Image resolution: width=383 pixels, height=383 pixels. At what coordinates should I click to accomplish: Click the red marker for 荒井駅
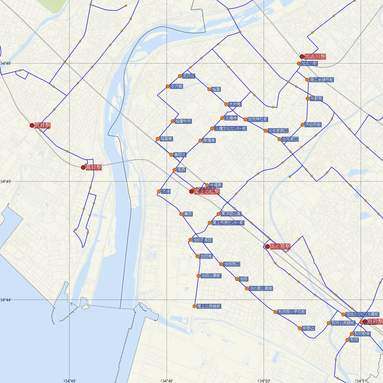(32, 125)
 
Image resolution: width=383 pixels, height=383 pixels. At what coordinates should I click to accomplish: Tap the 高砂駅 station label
(94, 167)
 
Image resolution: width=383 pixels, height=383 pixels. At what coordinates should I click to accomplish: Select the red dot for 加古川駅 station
(302, 56)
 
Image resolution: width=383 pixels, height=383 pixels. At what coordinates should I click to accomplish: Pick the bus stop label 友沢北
(189, 76)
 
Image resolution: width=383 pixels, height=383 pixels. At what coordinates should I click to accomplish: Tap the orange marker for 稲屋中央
(173, 121)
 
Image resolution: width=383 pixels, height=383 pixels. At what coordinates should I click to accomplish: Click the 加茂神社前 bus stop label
(258, 119)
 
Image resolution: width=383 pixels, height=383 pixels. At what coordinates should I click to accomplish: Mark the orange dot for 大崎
(159, 191)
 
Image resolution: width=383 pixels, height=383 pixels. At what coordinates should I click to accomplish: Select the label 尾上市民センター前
(228, 223)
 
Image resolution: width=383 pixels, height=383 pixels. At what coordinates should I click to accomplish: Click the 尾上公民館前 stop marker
(194, 306)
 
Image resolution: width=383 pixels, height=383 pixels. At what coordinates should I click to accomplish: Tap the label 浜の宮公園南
(261, 289)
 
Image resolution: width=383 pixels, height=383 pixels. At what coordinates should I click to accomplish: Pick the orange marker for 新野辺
(300, 328)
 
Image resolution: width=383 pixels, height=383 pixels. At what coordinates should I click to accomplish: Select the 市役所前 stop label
(313, 125)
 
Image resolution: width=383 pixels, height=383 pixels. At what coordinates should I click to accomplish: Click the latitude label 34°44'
(6, 300)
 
